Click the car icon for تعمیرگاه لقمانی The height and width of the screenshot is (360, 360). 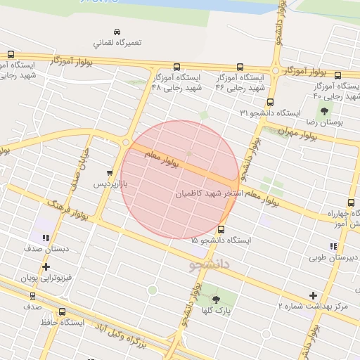click(x=117, y=32)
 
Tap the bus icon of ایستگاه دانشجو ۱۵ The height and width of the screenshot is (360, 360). click(x=221, y=229)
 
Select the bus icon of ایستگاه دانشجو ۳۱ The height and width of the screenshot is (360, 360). click(x=271, y=102)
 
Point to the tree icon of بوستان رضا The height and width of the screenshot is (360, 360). click(x=324, y=110)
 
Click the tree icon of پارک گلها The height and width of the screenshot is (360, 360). click(x=217, y=298)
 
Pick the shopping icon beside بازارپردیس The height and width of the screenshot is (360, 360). click(x=110, y=173)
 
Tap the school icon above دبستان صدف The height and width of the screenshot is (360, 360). click(x=46, y=238)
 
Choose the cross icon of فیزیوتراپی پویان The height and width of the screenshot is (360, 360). click(x=46, y=267)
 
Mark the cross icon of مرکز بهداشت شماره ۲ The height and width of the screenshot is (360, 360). click(x=313, y=295)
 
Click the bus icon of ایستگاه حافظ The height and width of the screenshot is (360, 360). click(x=63, y=311)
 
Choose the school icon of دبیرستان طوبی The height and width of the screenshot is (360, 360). click(x=333, y=246)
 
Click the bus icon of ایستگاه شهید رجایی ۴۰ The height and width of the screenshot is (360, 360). click(x=338, y=76)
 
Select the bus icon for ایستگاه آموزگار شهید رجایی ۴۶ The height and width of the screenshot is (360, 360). click(x=239, y=67)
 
